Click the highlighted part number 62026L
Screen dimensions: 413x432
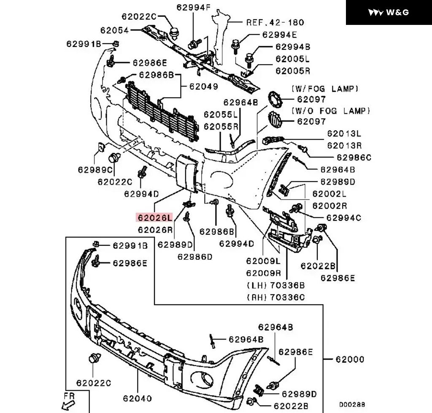pyautogui.click(x=154, y=218)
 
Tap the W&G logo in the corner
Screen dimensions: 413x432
pyautogui.click(x=389, y=12)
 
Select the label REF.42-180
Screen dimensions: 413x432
pyautogui.click(x=275, y=22)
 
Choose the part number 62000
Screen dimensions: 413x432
pyautogui.click(x=350, y=360)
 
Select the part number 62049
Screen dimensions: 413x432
pyautogui.click(x=203, y=87)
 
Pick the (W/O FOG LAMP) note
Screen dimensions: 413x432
pyautogui.click(x=330, y=111)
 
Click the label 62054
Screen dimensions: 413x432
pyautogui.click(x=115, y=30)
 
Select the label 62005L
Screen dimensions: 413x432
pyautogui.click(x=293, y=59)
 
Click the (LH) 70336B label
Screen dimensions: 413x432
pyautogui.click(x=275, y=285)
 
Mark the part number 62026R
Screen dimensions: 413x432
pyautogui.click(x=155, y=230)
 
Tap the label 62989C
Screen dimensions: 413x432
pyautogui.click(x=96, y=170)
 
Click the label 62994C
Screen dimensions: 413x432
pyautogui.click(x=344, y=218)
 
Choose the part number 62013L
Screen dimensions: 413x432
pyautogui.click(x=344, y=134)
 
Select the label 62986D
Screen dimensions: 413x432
pyautogui.click(x=195, y=256)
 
